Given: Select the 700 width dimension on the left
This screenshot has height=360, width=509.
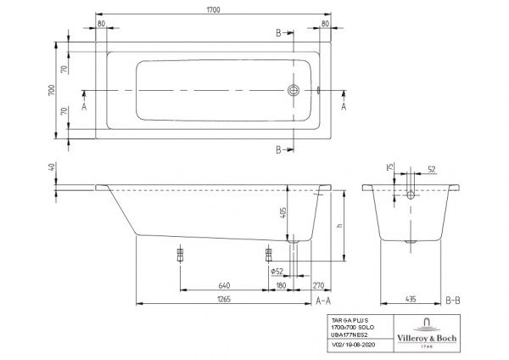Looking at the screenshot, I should pos(52,88).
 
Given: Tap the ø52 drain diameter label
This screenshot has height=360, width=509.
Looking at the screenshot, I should pos(276,271).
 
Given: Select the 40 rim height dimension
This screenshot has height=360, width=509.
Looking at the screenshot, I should pos(52,168).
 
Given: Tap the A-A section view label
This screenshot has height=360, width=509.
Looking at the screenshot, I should pos(322,301).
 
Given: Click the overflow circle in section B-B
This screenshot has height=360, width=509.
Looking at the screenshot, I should pos(411,194).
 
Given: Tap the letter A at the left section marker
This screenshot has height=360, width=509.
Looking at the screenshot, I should pos(84,108).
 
